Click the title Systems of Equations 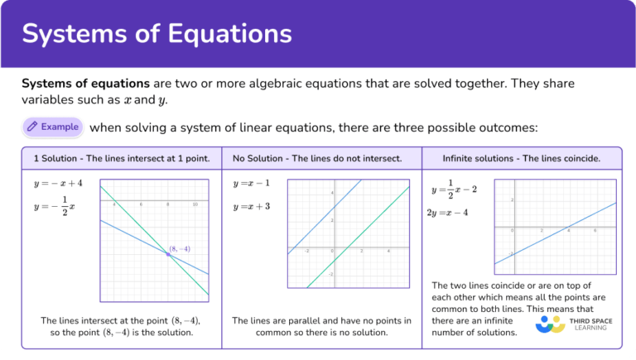click(157, 33)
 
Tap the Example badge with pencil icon click(54, 127)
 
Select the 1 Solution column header click(121, 157)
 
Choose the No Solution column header click(317, 157)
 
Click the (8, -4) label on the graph click(180, 248)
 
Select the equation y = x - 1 click(252, 183)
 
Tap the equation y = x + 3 click(252, 206)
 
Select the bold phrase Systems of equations click(85, 84)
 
